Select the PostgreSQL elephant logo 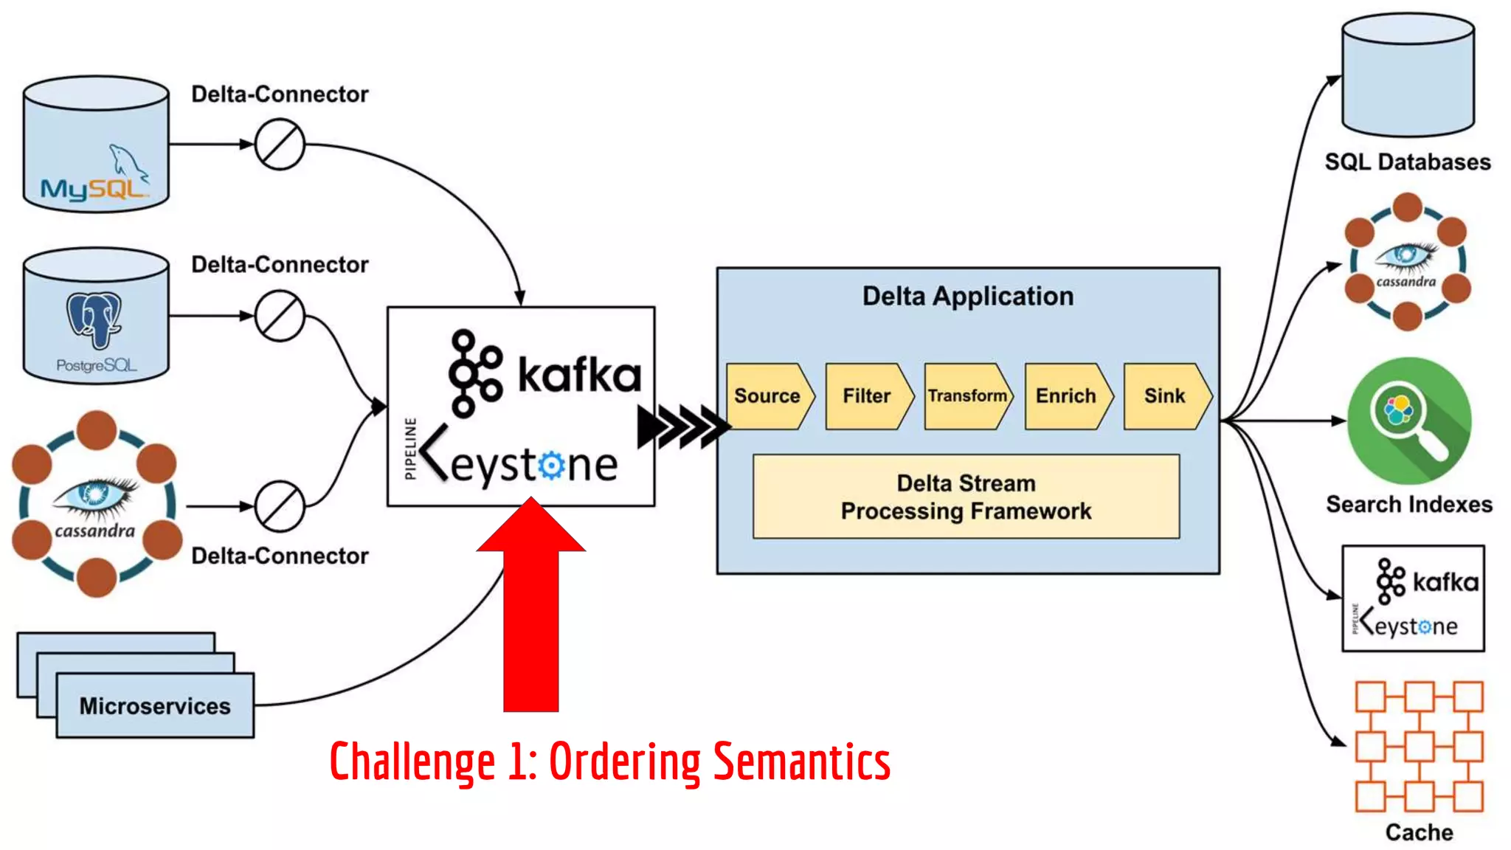[94, 319]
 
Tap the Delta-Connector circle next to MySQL [280, 145]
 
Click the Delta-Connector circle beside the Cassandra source [280, 507]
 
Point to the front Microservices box [155, 706]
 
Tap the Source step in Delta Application [768, 396]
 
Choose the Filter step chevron [868, 396]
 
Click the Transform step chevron [967, 396]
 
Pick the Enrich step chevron [1066, 396]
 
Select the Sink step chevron [1165, 396]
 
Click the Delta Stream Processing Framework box [966, 497]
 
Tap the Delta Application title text [968, 296]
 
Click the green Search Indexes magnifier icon [1409, 421]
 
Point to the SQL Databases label [1408, 162]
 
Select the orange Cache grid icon [1419, 747]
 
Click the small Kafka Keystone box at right [1413, 598]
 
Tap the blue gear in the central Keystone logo [551, 466]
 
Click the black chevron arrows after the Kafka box [683, 426]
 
